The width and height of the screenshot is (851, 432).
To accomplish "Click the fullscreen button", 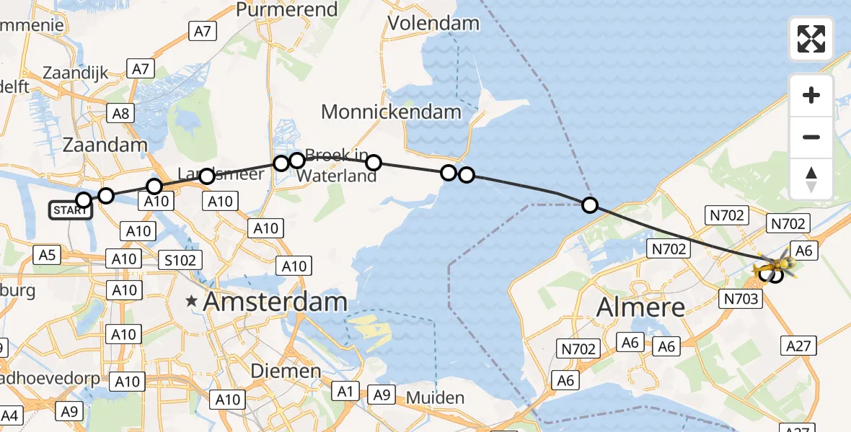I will click(811, 39).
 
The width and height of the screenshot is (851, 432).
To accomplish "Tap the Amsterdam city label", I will click(276, 302).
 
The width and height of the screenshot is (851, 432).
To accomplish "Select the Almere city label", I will click(640, 307).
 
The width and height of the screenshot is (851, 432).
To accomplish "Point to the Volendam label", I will click(433, 23).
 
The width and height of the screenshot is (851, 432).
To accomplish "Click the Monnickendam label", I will click(391, 112).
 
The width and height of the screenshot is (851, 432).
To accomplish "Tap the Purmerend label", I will click(287, 10).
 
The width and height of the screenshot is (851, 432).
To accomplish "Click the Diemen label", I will click(286, 371).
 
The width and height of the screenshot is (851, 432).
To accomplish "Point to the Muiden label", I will click(434, 397).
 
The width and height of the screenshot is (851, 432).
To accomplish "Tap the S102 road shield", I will click(180, 260).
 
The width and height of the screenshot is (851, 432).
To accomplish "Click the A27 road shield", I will click(798, 346).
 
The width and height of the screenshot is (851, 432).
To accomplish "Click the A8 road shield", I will click(120, 112).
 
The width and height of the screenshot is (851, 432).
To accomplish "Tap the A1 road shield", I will click(345, 392).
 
